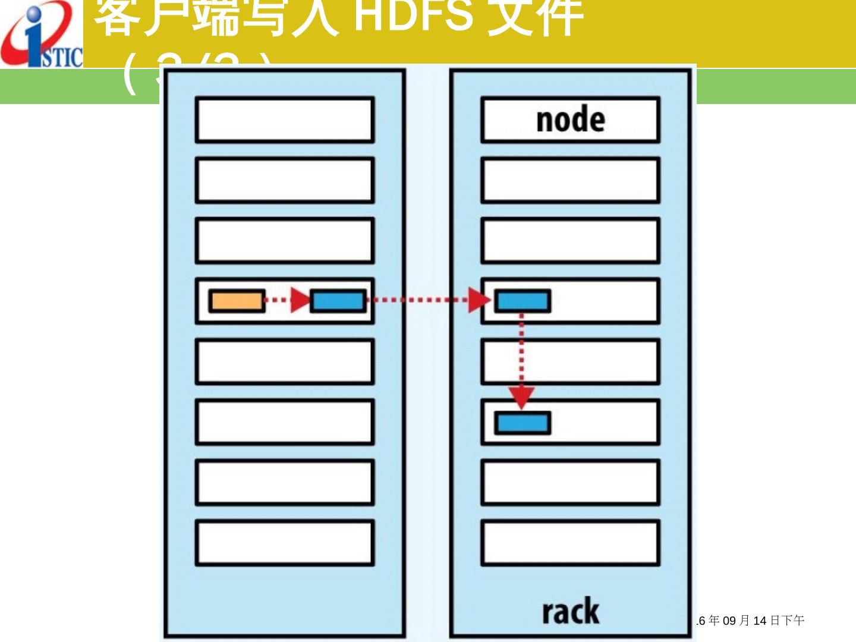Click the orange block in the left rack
point(237,301)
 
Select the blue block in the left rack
point(338,301)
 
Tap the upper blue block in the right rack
point(523,301)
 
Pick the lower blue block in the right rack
point(523,423)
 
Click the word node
point(571,119)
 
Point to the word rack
point(571,612)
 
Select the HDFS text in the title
point(413,17)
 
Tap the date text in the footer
point(751,621)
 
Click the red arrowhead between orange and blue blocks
point(300,300)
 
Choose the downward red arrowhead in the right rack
point(521,397)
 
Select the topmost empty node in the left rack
point(285,119)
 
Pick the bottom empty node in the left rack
point(285,543)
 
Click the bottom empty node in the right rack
point(571,543)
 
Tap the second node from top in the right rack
point(571,180)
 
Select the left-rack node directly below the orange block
point(285,361)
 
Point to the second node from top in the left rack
point(285,180)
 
